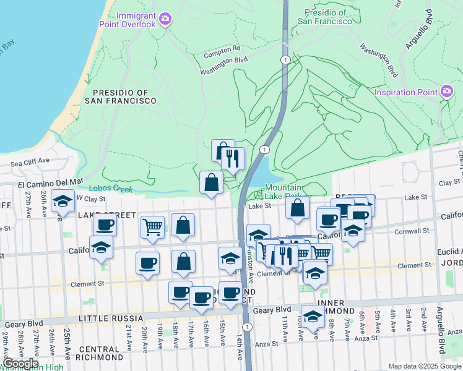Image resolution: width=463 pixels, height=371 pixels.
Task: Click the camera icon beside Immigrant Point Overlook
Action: point(165,19)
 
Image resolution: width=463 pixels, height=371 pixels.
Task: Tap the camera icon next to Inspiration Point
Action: point(447,93)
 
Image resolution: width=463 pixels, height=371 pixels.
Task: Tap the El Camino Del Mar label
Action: point(50,182)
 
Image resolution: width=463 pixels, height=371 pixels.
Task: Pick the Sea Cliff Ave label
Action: point(30,161)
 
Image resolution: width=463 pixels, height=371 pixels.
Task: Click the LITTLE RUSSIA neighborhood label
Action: point(110,319)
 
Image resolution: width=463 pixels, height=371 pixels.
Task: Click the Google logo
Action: point(20,364)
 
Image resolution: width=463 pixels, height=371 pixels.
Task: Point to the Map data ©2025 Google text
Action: point(425,366)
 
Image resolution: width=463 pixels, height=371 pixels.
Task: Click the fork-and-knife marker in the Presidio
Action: point(232,159)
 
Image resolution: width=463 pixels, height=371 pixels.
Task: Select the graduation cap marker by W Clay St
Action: point(63,200)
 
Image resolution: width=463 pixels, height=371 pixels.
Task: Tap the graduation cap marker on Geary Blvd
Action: point(313,316)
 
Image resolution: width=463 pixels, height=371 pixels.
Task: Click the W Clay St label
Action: point(91,198)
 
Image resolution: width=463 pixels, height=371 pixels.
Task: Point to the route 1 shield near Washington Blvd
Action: point(285,59)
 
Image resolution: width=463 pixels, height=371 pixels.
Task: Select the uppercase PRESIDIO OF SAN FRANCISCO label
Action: point(121,96)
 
